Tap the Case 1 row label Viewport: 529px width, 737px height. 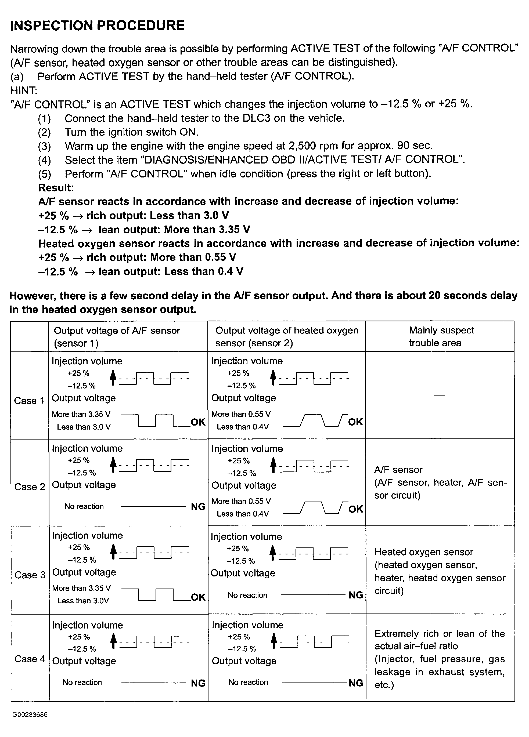coord(29,401)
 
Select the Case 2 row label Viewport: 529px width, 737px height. coord(30,487)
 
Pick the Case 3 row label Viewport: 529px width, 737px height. coord(30,575)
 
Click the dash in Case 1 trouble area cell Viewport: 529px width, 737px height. coord(440,396)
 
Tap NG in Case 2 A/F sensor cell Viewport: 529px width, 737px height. coord(198,507)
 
